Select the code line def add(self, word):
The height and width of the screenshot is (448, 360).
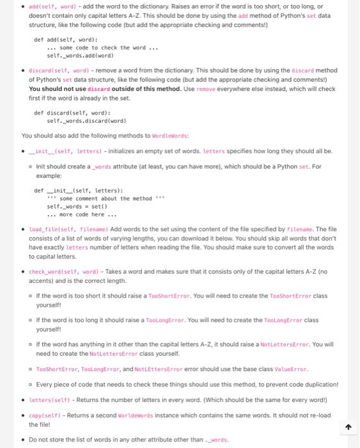point(61,39)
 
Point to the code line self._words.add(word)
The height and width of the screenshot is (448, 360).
point(81,56)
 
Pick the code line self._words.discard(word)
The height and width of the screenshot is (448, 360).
point(87,120)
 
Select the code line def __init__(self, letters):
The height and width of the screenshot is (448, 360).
point(78,190)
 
